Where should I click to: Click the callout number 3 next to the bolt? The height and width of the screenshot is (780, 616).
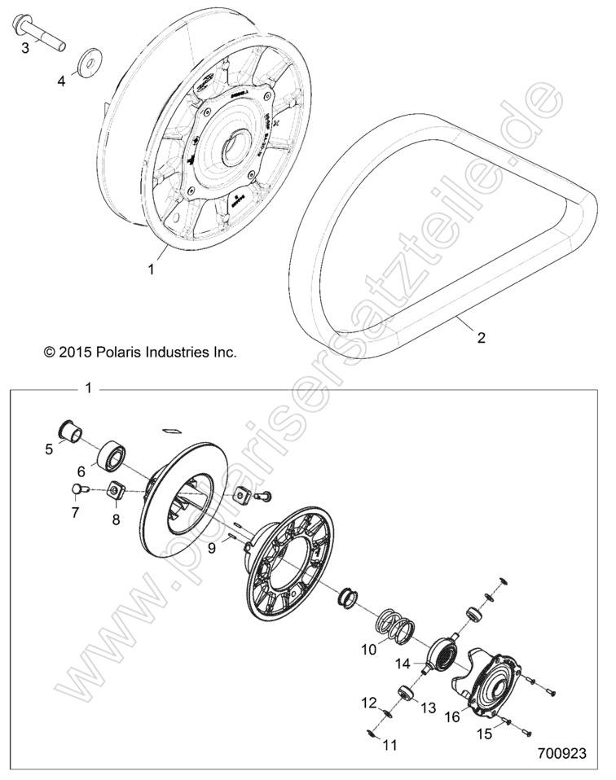pos(25,48)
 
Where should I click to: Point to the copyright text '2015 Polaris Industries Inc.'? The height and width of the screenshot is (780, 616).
pos(139,353)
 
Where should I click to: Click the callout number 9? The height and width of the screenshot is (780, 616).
pos(211,549)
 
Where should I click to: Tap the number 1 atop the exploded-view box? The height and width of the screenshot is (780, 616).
pos(89,388)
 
